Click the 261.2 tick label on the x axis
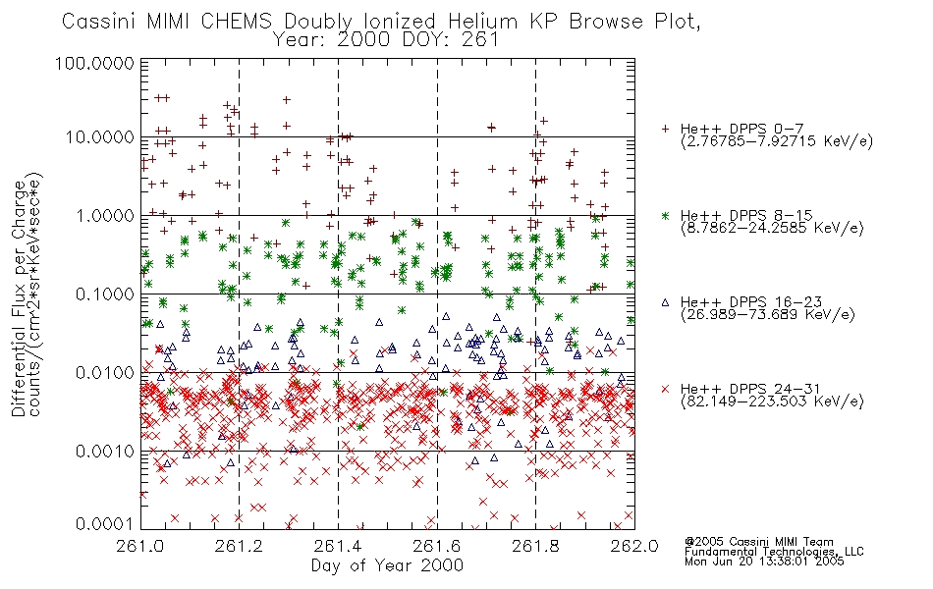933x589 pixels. pos(240,546)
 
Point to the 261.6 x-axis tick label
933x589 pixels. pos(437,546)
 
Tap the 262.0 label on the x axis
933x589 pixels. pos(634,546)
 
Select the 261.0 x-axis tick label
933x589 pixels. pos(141,546)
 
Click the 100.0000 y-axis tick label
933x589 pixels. pos(94,63)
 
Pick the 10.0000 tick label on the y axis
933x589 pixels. pos(100,137)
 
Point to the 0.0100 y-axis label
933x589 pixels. pos(105,373)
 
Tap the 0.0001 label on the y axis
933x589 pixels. pos(105,524)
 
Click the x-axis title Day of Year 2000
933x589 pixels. pos(387,565)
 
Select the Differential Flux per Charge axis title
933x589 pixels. pos(19,298)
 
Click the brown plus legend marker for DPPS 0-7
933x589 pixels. pos(665,129)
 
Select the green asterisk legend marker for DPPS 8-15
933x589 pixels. pos(665,215)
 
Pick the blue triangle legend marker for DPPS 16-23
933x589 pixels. pos(665,302)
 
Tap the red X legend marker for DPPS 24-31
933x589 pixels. pos(665,389)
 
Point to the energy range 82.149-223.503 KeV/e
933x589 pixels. pos(772,402)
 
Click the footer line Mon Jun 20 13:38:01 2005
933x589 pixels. pos(764,561)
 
